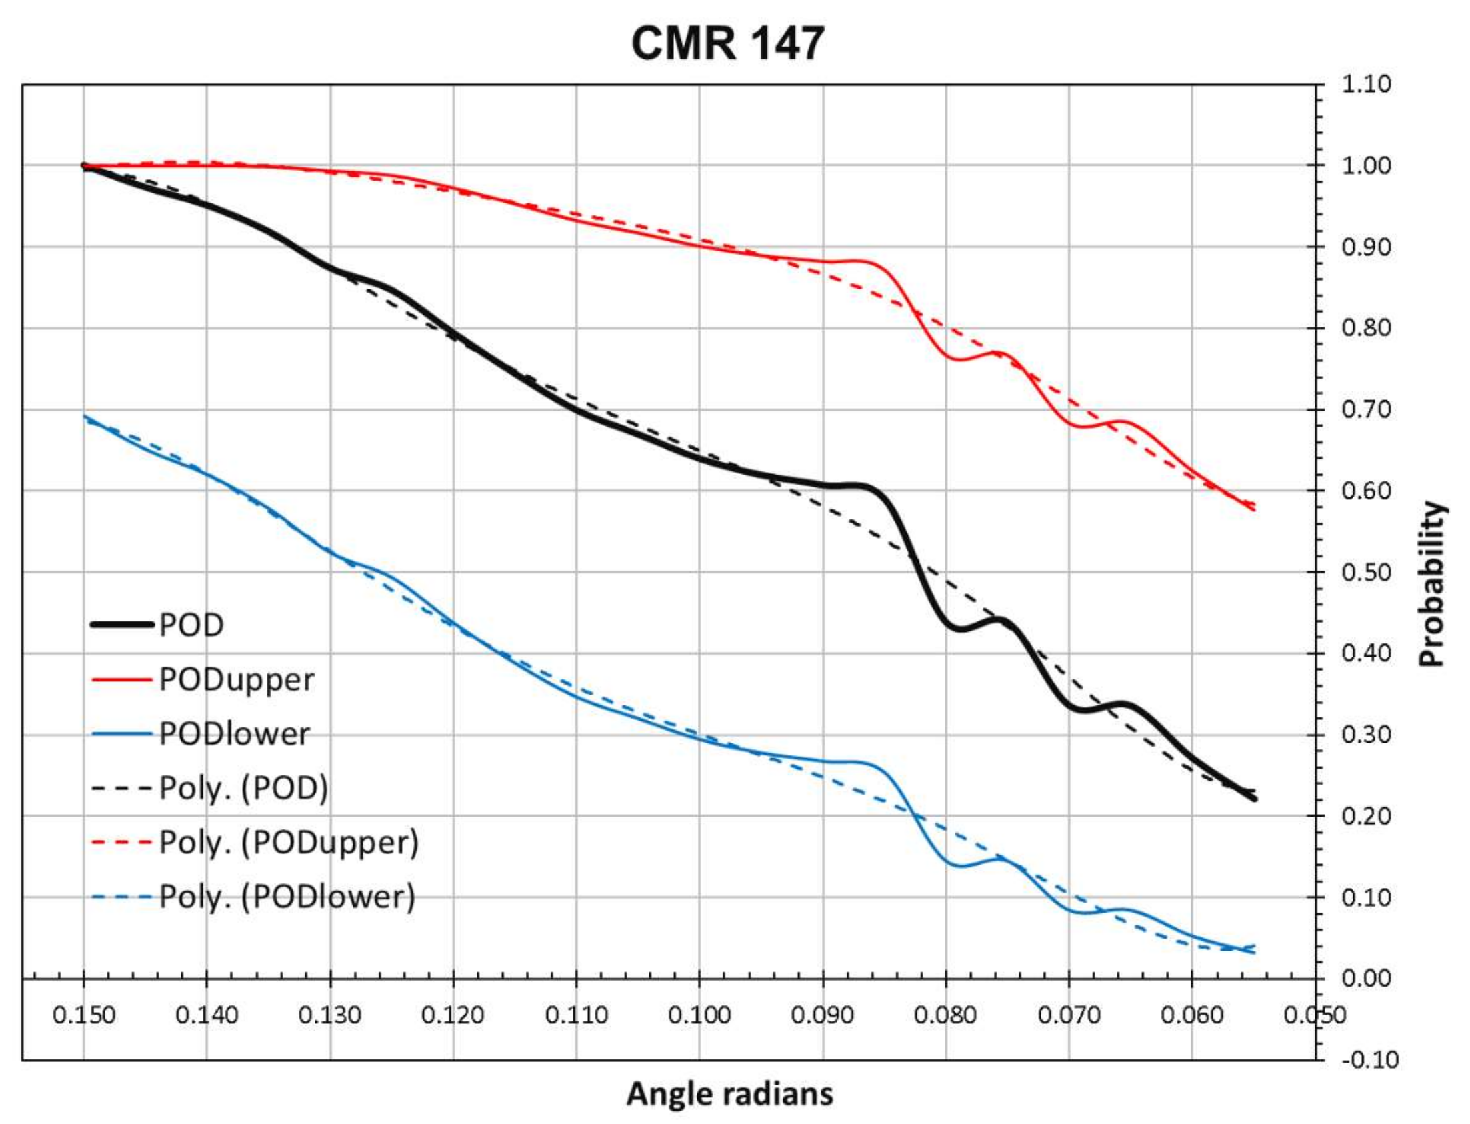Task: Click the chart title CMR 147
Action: point(727,43)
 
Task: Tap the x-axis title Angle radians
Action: point(729,1095)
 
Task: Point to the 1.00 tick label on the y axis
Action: point(1365,165)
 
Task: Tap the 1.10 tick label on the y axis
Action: point(1365,84)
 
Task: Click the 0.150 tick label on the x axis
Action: point(83,1015)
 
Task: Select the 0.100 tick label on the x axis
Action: point(699,1015)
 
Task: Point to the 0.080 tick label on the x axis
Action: point(945,1015)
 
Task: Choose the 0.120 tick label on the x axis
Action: point(453,1015)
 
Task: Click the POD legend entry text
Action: point(191,625)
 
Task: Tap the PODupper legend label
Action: point(236,680)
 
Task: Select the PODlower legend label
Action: point(234,734)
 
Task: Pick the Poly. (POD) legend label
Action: point(243,788)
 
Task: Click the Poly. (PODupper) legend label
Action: point(289,842)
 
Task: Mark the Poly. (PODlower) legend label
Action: point(287,897)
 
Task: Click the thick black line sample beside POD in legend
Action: point(122,625)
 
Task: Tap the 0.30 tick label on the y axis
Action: point(1365,735)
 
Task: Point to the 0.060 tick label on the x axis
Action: point(1191,1015)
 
